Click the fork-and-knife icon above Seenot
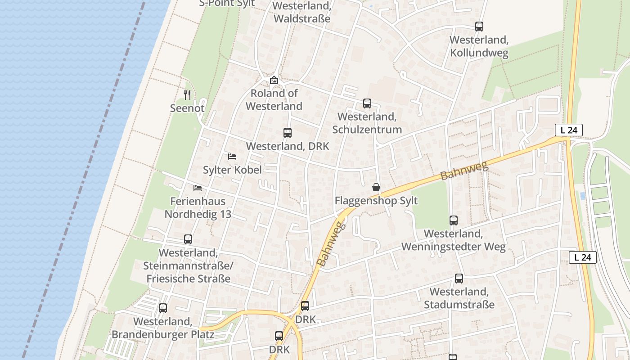pyautogui.click(x=188, y=94)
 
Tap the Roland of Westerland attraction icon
pyautogui.click(x=274, y=81)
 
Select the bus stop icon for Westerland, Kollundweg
pyautogui.click(x=479, y=27)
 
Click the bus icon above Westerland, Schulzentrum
pyautogui.click(x=367, y=103)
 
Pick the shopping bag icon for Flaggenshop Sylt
pyautogui.click(x=376, y=187)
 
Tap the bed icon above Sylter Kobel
pyautogui.click(x=232, y=157)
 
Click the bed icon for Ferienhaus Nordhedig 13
pyautogui.click(x=198, y=188)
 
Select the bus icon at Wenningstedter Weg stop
pyautogui.click(x=454, y=220)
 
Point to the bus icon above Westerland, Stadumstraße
pyautogui.click(x=459, y=279)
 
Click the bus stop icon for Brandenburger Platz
pyautogui.click(x=163, y=308)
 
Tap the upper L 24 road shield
pyautogui.click(x=569, y=130)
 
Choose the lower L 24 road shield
pyautogui.click(x=583, y=257)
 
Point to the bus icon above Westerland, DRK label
pyautogui.click(x=288, y=133)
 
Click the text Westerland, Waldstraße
pyautogui.click(x=301, y=13)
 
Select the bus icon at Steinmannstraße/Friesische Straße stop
pyautogui.click(x=188, y=239)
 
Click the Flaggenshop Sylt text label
pyautogui.click(x=376, y=201)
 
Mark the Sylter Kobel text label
pyautogui.click(x=232, y=170)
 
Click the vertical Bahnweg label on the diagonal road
pyautogui.click(x=330, y=244)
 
